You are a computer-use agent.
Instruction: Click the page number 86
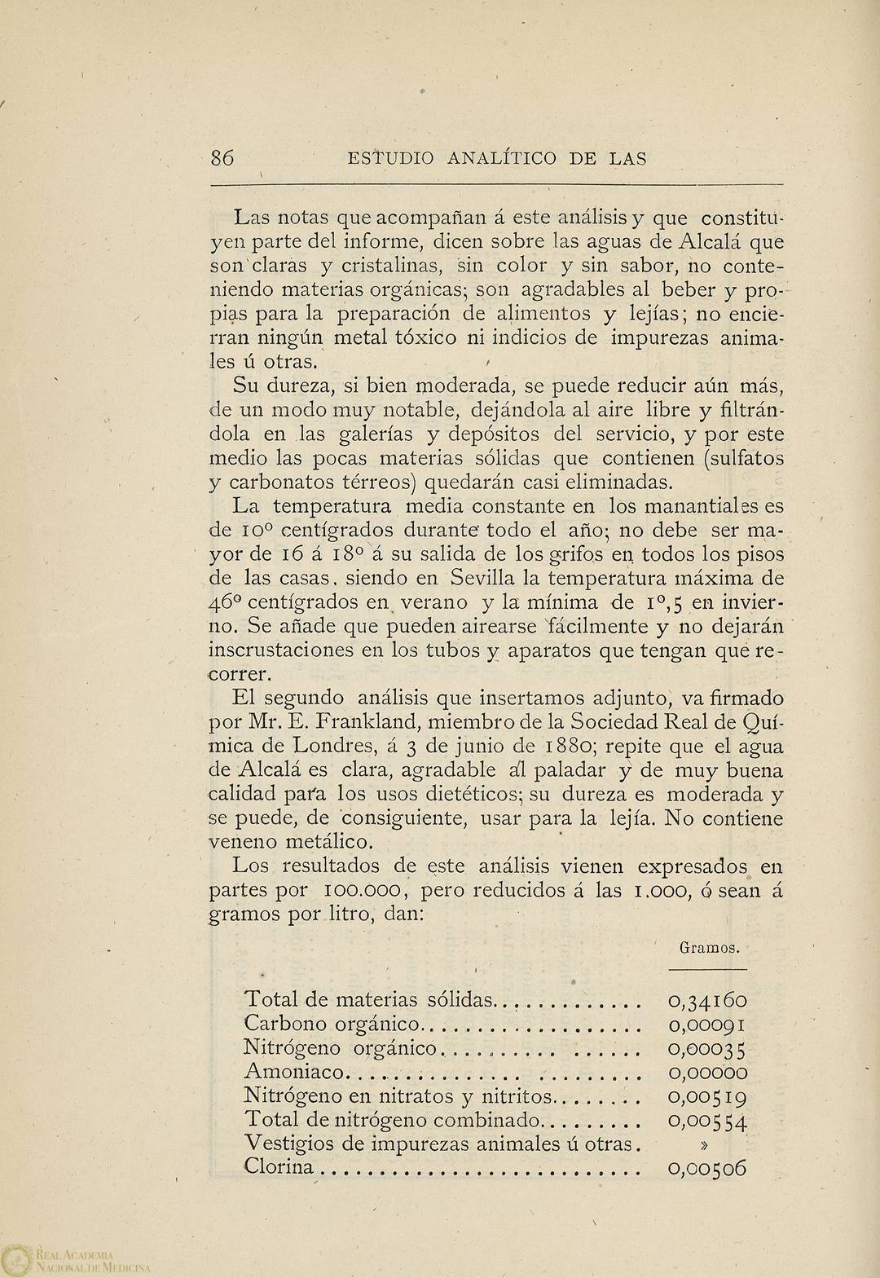click(x=222, y=159)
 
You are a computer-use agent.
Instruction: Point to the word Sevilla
click(x=486, y=578)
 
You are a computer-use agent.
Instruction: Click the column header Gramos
click(x=709, y=948)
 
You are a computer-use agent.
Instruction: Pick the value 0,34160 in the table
click(x=707, y=1000)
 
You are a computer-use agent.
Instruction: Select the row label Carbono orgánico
click(x=331, y=1025)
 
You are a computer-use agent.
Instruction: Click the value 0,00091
click(x=707, y=1025)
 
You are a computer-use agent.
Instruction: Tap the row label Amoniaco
click(x=296, y=1073)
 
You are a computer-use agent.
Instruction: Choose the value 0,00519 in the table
click(x=707, y=1097)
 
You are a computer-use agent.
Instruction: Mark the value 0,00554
click(x=707, y=1122)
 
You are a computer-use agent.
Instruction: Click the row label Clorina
click(x=279, y=1167)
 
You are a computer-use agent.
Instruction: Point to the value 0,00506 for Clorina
click(x=707, y=1169)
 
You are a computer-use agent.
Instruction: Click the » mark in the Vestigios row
click(x=704, y=1144)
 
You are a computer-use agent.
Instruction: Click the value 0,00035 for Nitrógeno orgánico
click(x=707, y=1049)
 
